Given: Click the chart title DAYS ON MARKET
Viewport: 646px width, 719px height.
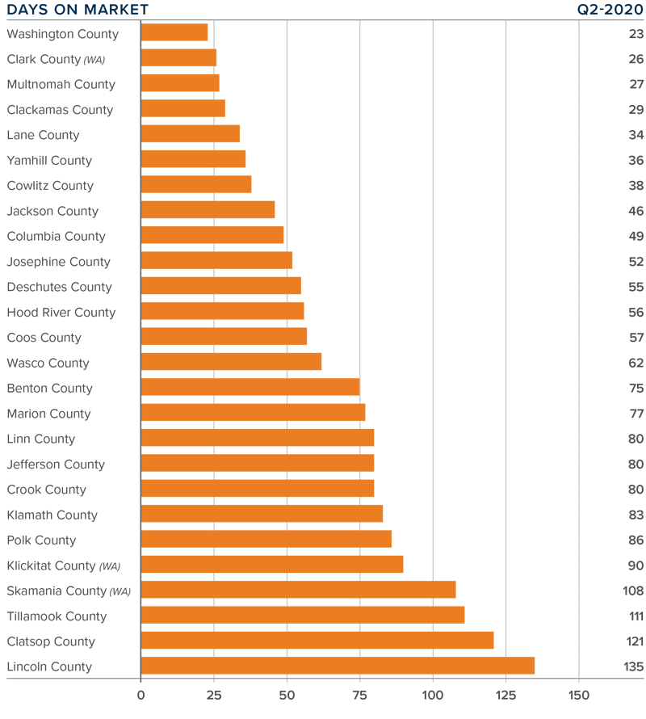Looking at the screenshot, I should coord(78,10).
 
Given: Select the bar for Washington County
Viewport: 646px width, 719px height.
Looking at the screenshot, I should coord(174,33).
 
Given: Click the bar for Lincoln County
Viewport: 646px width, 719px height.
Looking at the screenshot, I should coord(338,666).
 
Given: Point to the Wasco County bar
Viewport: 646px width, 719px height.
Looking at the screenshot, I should coord(231,363).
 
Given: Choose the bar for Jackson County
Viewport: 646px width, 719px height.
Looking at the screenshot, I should coord(208,211).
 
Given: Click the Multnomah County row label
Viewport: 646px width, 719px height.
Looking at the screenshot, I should coord(61,84).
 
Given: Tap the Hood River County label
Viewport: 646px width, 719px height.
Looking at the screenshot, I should coord(61,312).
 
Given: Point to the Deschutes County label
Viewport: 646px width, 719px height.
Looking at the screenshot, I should coord(59,287).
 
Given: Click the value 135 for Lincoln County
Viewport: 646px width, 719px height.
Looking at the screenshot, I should coord(633,666).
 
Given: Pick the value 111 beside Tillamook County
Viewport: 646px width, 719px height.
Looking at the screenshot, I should coord(635,616).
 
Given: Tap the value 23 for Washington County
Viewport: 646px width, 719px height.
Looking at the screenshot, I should coord(636,33).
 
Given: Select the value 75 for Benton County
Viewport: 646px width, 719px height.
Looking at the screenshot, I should coord(636,388).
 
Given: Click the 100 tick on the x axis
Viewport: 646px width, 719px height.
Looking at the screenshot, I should coord(433,695).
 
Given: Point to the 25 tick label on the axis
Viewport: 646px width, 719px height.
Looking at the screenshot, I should coord(214,695).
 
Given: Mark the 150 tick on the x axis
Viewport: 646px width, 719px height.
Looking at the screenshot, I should coord(579,695).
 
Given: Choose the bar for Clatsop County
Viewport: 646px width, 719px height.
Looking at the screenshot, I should coord(317,641).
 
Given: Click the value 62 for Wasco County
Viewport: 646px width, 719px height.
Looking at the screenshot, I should coord(636,363).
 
